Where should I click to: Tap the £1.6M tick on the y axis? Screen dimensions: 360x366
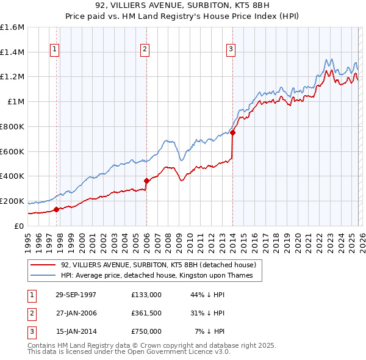click(12, 27)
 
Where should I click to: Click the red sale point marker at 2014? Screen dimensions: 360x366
click(232, 132)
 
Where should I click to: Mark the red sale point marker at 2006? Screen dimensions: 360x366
click(146, 181)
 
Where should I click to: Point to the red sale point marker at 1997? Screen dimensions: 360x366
click(57, 209)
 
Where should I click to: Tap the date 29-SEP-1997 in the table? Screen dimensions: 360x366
click(76, 294)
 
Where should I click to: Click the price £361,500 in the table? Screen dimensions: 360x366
click(146, 313)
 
